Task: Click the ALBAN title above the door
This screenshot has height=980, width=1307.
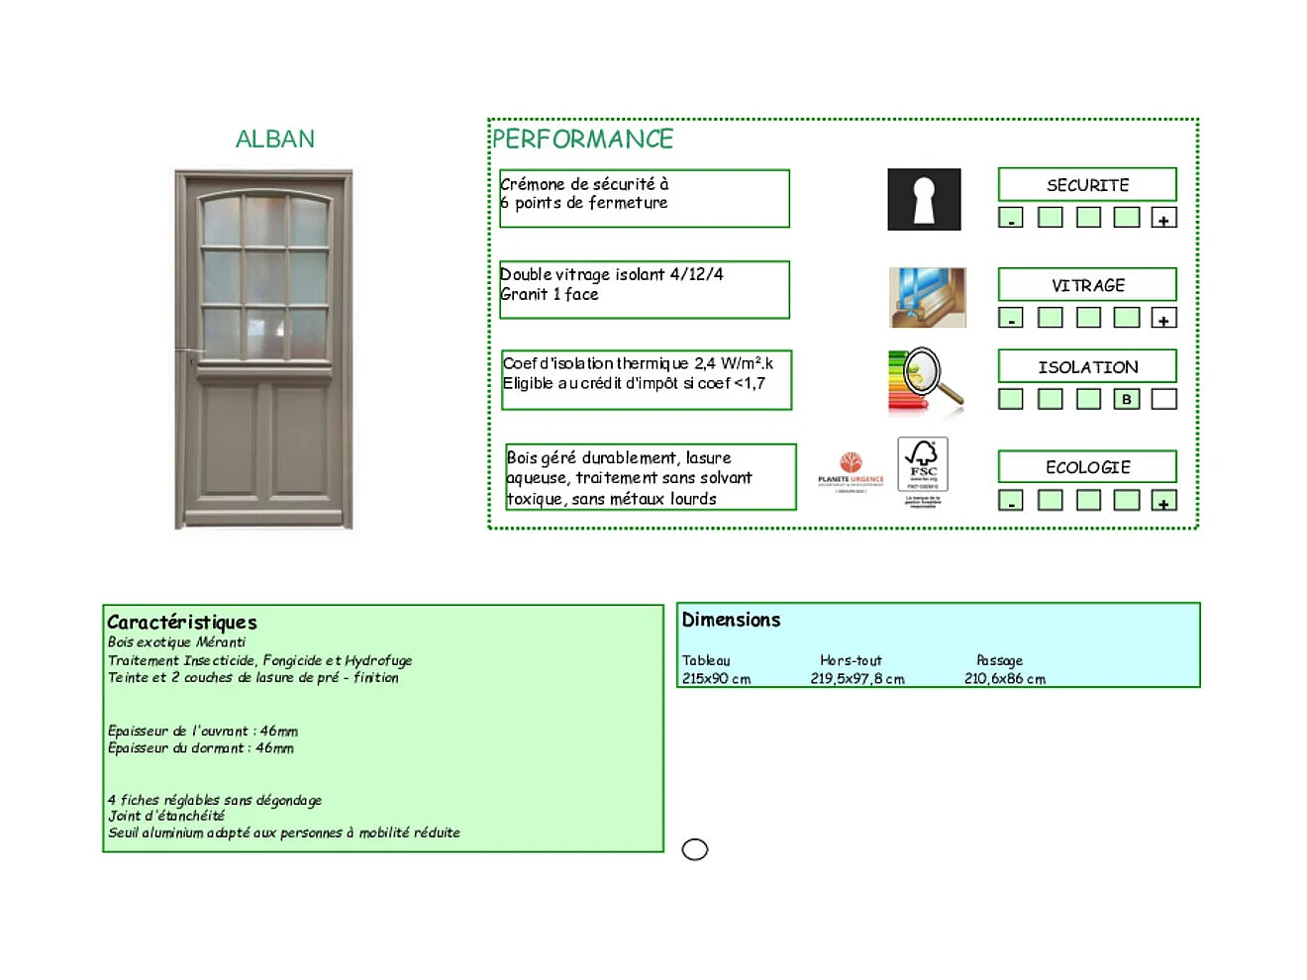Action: tap(275, 139)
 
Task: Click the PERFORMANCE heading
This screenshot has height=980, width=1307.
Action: tap(582, 139)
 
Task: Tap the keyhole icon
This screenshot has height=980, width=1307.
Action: tap(924, 199)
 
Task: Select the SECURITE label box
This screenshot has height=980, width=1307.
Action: tap(1087, 185)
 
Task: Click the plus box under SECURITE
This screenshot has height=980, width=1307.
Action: tap(1163, 218)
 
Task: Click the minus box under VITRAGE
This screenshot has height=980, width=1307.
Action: tap(1011, 318)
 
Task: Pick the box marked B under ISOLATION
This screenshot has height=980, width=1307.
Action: tap(1126, 399)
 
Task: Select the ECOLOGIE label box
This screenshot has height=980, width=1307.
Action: tap(1087, 467)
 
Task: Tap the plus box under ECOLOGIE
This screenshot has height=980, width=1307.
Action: tap(1163, 501)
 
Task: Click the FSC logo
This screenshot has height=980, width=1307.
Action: tap(923, 466)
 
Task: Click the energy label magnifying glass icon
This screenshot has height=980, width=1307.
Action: tap(926, 381)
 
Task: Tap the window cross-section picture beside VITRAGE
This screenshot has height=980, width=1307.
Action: tap(927, 297)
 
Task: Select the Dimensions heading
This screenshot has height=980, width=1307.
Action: tap(731, 620)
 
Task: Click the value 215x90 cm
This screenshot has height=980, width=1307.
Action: tap(716, 679)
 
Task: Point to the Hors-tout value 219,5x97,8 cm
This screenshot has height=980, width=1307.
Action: tap(857, 679)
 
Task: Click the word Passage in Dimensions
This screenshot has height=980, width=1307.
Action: tap(999, 660)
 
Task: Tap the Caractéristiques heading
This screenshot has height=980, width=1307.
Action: tap(182, 622)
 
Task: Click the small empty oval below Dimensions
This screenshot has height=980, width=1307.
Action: tap(695, 849)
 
